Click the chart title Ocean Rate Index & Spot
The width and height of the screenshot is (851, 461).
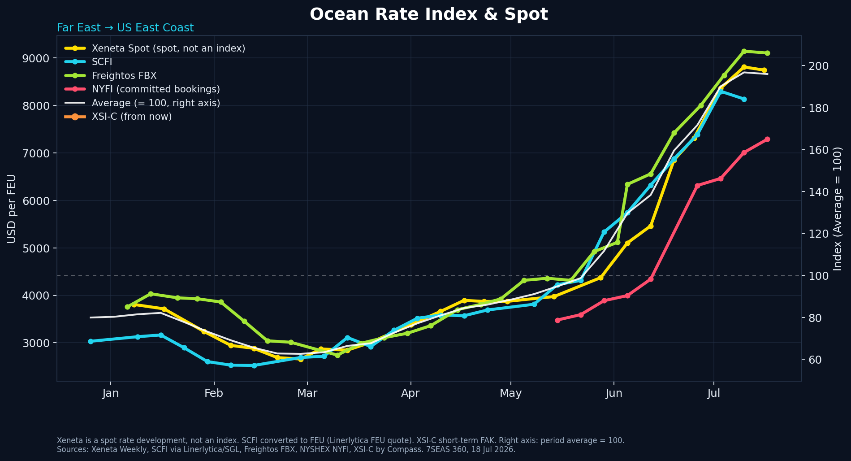(x=429, y=14)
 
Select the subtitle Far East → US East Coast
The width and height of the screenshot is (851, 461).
(x=125, y=28)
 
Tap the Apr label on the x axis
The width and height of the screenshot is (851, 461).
(x=410, y=394)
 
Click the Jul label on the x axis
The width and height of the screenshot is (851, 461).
(x=714, y=394)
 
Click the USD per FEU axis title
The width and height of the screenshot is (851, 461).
(x=12, y=209)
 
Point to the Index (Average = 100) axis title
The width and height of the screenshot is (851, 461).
(x=838, y=209)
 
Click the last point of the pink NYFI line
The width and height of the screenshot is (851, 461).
(x=767, y=139)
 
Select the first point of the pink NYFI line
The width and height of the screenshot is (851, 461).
(x=557, y=320)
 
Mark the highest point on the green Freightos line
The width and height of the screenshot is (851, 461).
(x=744, y=51)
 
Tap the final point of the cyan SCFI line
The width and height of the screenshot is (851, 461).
(x=744, y=99)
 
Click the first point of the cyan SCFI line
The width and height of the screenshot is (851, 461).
(x=91, y=341)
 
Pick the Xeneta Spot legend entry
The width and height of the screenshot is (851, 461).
(x=155, y=48)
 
